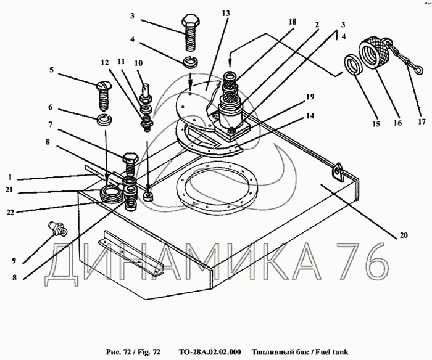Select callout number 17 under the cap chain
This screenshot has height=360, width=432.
tap(423, 123)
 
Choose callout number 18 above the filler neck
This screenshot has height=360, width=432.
tap(293, 22)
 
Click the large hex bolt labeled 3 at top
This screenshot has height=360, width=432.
tap(190, 35)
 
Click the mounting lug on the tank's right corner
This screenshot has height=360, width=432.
tap(337, 171)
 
